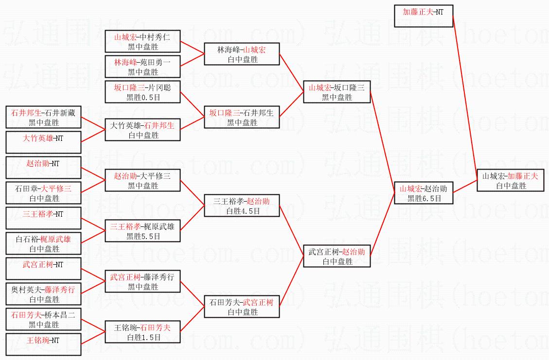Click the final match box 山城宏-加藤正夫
[510, 180]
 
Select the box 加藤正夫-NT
[423, 16]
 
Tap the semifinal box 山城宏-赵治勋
[424, 193]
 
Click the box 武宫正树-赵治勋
[336, 256]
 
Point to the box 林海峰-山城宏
[242, 54]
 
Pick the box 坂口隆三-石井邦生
[242, 117]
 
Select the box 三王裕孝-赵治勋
[242, 206]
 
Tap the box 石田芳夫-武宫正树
[242, 307]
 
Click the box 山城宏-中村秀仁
[142, 41]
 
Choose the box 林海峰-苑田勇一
[142, 67]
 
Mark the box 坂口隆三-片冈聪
[142, 92]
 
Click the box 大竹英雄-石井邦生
[142, 130]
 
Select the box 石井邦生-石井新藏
[44, 117]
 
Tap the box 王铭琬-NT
[44, 344]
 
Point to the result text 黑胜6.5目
[424, 198]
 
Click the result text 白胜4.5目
[242, 211]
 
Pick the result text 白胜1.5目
[142, 337]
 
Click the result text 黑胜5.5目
[142, 236]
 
